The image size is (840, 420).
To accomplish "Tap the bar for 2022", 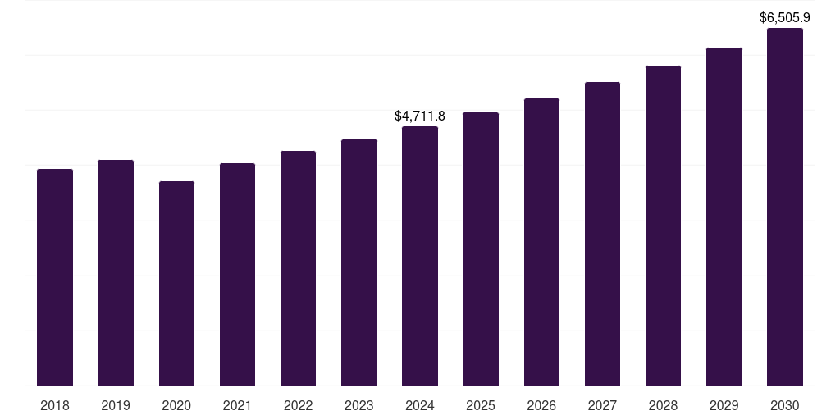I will coord(298,268).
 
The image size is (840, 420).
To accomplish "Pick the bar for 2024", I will coord(420,256).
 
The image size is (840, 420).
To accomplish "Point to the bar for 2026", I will coord(541,242).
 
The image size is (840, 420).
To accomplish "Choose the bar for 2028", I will coord(663,226).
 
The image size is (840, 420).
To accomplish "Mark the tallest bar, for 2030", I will coord(785,207).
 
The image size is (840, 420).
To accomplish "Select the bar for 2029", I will coord(724,217).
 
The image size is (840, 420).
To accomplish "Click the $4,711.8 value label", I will coord(420,116).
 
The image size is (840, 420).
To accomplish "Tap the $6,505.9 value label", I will coord(785,17).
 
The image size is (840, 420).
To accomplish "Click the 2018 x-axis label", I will coord(55,405).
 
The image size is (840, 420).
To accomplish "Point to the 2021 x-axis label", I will coord(237,405).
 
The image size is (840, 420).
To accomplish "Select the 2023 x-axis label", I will coord(359,405).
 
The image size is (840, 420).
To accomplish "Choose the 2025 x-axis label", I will coord(481,405).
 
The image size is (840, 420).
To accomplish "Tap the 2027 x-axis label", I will coord(602,405).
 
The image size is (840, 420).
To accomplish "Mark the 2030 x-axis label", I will coord(785,405).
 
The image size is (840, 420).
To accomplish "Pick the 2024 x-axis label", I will coord(420,405).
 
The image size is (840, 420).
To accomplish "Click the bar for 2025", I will coord(481,249).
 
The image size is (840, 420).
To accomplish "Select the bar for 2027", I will coord(602,234).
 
